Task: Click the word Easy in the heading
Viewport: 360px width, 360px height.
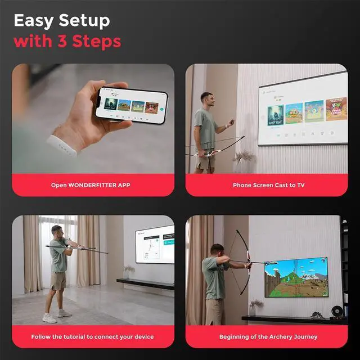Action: [34, 21]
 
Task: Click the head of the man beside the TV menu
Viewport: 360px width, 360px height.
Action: [206, 99]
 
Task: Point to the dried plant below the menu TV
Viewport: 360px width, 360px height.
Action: [244, 158]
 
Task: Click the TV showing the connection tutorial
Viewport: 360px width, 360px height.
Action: [155, 244]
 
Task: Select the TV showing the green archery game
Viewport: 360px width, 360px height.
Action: [296, 277]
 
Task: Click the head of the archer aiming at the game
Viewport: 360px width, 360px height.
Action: [217, 249]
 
